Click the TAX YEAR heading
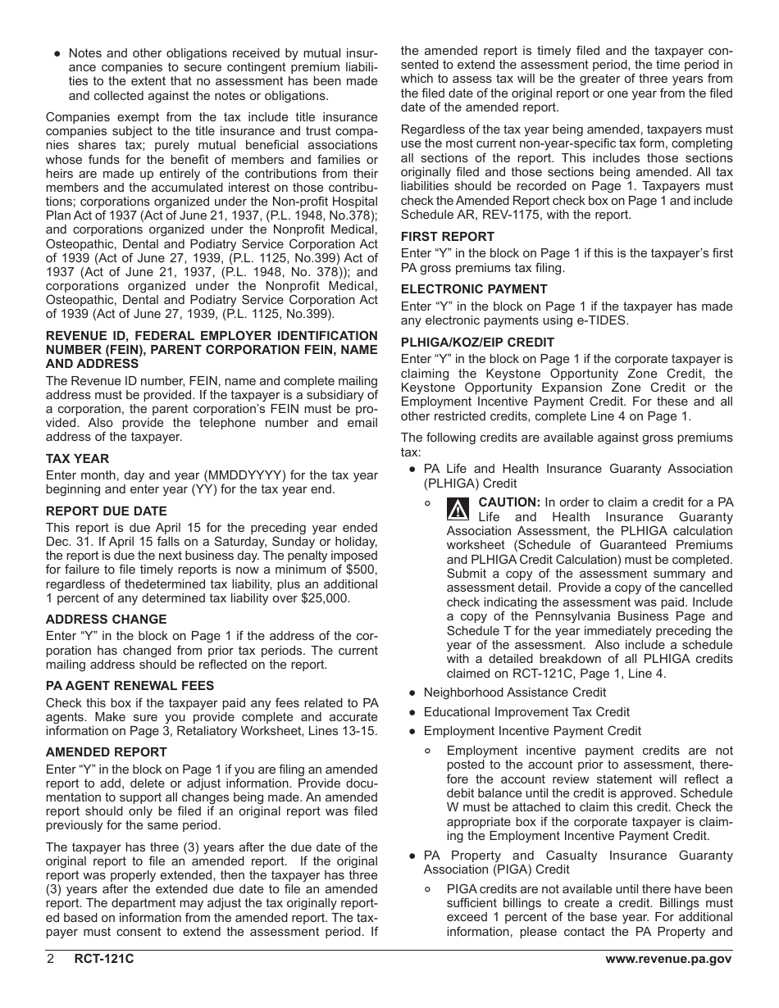(77, 459)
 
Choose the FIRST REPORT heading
(448, 237)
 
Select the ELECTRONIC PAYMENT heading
(474, 289)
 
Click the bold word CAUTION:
(509, 502)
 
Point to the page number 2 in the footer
(50, 960)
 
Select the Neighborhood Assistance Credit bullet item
(515, 692)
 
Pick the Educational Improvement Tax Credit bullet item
(526, 711)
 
